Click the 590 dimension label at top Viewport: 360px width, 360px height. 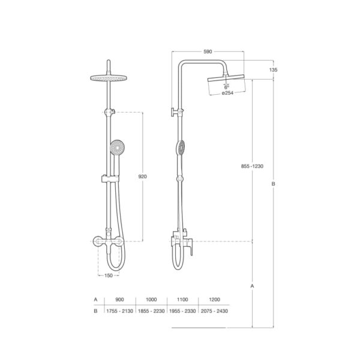pos(208,52)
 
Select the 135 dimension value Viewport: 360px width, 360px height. pos(273,70)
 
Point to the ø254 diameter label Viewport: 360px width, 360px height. pos(228,93)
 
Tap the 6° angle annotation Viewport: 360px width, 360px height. pos(227,87)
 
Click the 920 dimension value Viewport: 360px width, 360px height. pos(143,176)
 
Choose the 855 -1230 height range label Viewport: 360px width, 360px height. pos(252,166)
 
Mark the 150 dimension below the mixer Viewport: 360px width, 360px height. pos(109,275)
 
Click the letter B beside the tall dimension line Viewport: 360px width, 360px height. pos(273,184)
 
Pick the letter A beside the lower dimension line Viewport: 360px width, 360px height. pos(252,286)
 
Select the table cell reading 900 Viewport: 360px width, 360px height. pos(119,299)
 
